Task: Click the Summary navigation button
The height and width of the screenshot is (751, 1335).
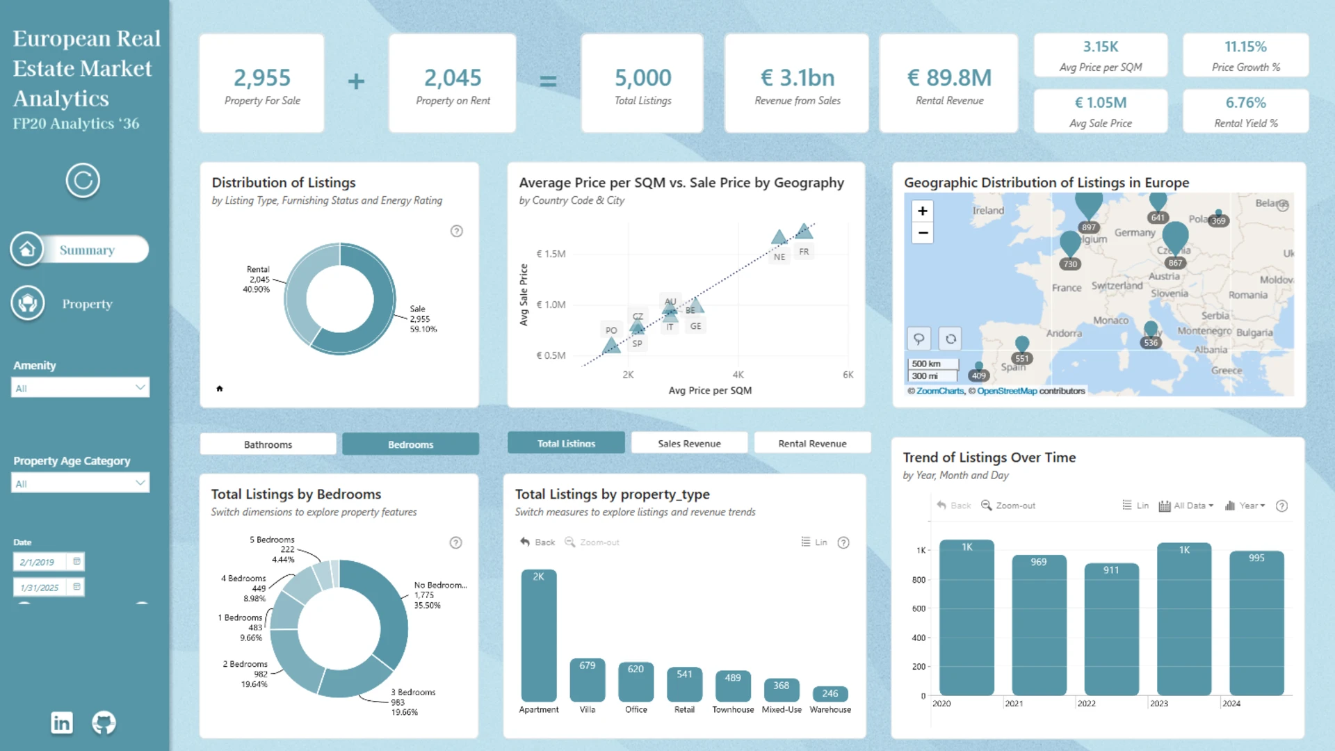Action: pyautogui.click(x=87, y=250)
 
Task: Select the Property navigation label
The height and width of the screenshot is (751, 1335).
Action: pyautogui.click(x=87, y=304)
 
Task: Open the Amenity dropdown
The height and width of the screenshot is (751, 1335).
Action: pyautogui.click(x=80, y=388)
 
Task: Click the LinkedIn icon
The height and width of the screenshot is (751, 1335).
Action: pyautogui.click(x=62, y=723)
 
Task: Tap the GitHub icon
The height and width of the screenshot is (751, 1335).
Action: pyautogui.click(x=104, y=723)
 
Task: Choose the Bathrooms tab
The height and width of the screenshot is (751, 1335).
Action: pyautogui.click(x=268, y=444)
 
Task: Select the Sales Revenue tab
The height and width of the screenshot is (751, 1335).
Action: pyautogui.click(x=689, y=444)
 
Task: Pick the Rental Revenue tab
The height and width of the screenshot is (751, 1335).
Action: pyautogui.click(x=812, y=444)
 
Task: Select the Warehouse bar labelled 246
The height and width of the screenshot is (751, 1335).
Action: pyautogui.click(x=830, y=694)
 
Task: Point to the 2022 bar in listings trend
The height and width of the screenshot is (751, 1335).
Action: pyautogui.click(x=1111, y=629)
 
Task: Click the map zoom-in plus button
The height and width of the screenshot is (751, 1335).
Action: pyautogui.click(x=923, y=211)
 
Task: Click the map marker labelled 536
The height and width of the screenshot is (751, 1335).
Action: pyautogui.click(x=1151, y=330)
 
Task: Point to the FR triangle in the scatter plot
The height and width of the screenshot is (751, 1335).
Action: pyautogui.click(x=804, y=231)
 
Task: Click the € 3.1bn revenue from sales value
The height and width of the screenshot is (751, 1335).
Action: pyautogui.click(x=798, y=78)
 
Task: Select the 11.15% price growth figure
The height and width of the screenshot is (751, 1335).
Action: pyautogui.click(x=1245, y=47)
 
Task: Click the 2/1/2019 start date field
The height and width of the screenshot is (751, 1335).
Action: pyautogui.click(x=38, y=562)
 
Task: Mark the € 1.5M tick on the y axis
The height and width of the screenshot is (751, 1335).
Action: pyautogui.click(x=551, y=254)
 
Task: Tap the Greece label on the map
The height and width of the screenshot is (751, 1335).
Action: pyautogui.click(x=1226, y=371)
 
